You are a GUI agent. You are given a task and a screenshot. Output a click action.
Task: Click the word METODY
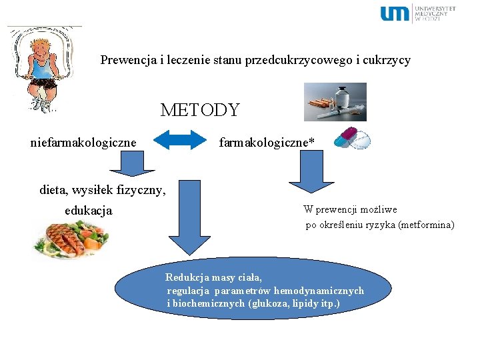click(199, 110)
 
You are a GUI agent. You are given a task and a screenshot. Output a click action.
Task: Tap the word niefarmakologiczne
click(83, 142)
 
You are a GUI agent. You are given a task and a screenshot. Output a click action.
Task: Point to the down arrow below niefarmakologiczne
click(120, 163)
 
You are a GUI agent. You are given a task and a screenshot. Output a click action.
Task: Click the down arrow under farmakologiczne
click(307, 171)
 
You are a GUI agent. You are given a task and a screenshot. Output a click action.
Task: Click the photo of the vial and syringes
click(335, 102)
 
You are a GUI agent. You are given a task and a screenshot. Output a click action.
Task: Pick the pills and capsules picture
click(351, 138)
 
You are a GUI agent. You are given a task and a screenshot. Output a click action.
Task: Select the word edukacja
click(89, 211)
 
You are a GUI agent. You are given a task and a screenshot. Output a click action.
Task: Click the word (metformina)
click(426, 225)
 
